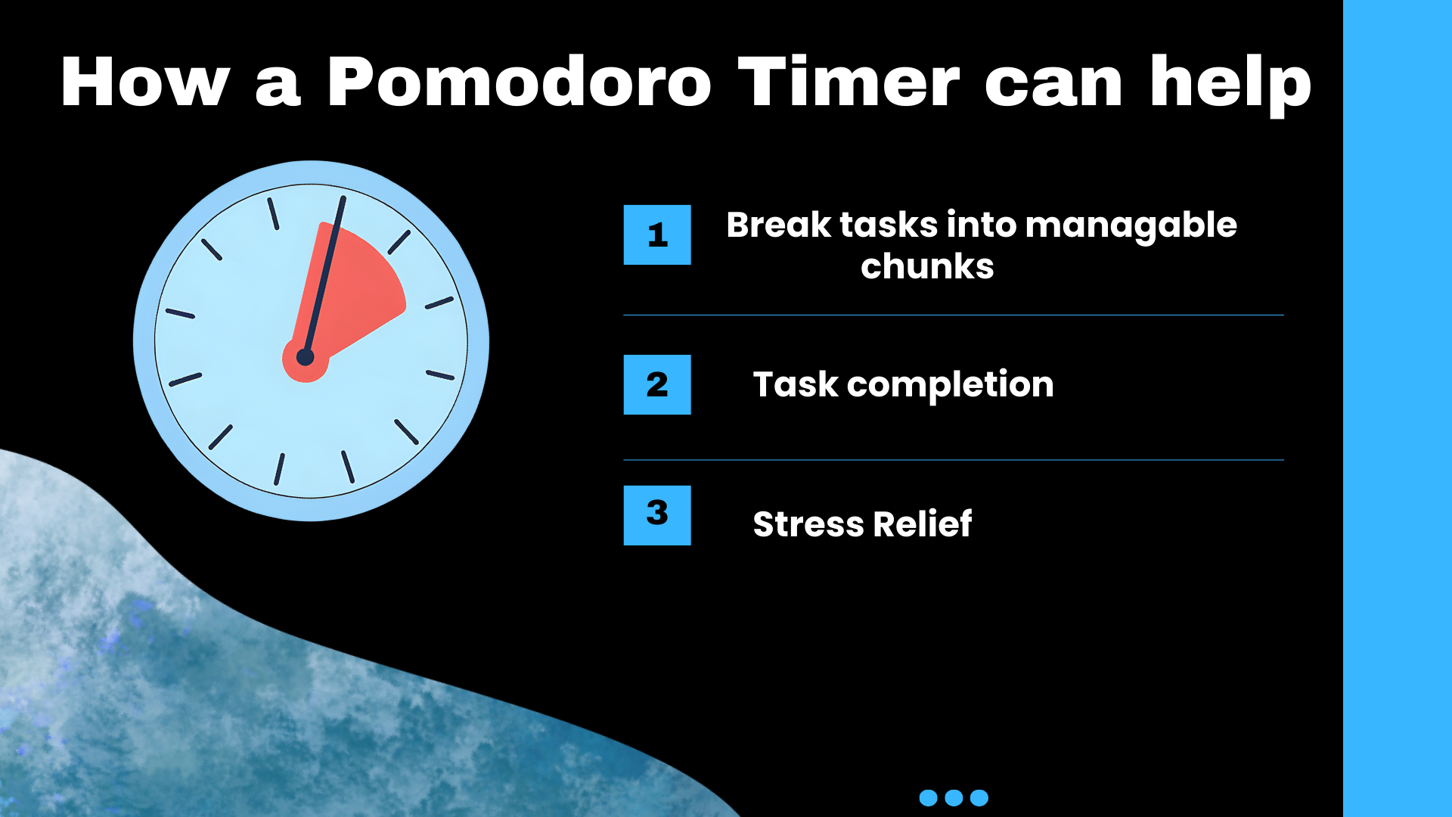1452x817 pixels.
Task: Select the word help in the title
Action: click(x=1230, y=85)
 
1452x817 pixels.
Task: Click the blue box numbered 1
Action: click(x=657, y=235)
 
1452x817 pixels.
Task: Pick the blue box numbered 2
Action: click(x=657, y=384)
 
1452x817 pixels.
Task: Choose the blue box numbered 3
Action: click(x=657, y=515)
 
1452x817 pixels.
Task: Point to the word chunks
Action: click(x=927, y=266)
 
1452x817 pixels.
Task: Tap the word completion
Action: click(x=951, y=386)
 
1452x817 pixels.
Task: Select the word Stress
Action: click(x=808, y=524)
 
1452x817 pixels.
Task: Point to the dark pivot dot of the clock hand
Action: click(x=305, y=357)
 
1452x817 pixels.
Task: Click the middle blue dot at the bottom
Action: click(x=954, y=797)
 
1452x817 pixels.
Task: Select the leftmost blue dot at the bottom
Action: click(x=928, y=797)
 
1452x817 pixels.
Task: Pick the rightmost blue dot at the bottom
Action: click(x=979, y=797)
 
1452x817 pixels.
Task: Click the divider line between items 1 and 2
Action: click(x=954, y=315)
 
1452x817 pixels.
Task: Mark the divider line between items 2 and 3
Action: click(x=954, y=460)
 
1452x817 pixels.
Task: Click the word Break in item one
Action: click(x=779, y=225)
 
